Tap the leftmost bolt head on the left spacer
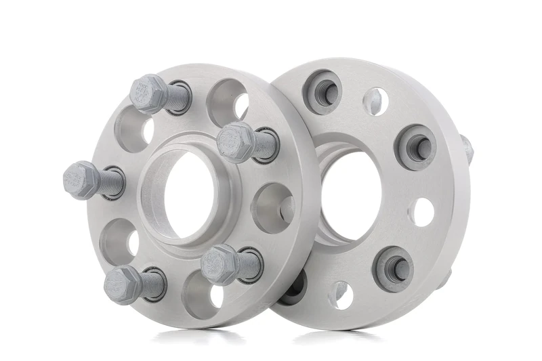pos(80,179)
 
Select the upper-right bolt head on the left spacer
pos(236,142)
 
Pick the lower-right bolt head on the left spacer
pos(219,263)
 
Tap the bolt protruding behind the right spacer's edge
pos(467,148)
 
